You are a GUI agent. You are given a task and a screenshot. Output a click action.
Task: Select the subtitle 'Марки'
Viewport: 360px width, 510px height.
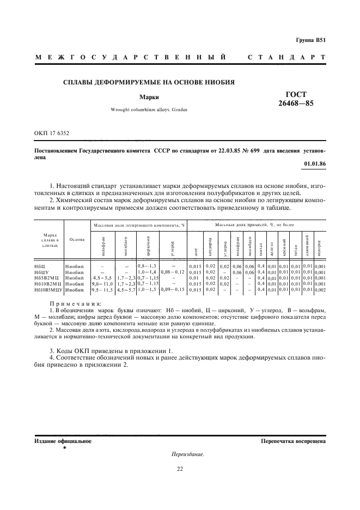pyautogui.click(x=148, y=98)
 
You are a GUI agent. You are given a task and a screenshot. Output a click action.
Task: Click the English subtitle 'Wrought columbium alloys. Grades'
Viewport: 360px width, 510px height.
pyautogui.click(x=149, y=110)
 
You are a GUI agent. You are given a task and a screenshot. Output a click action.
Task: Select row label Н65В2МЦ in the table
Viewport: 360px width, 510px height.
pyautogui.click(x=45, y=278)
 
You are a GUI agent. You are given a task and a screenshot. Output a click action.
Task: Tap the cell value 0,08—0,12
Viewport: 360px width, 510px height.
pyautogui.click(x=173, y=271)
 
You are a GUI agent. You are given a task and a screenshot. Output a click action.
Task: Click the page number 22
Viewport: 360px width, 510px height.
pyautogui.click(x=180, y=468)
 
